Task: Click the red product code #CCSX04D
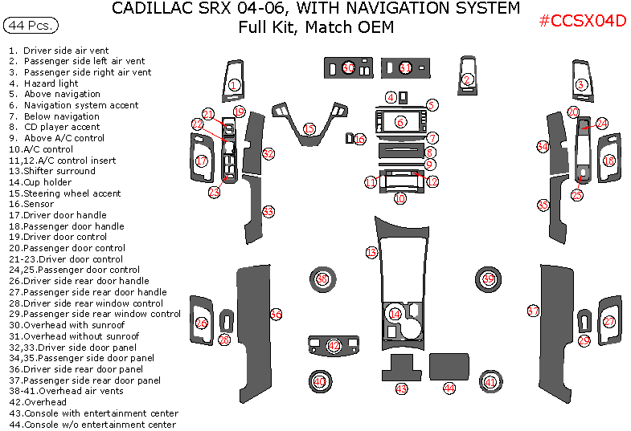pos(583,21)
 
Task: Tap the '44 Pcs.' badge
pos(31,26)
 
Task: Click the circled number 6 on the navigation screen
pos(400,122)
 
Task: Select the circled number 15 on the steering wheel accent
pos(309,128)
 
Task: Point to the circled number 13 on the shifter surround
pos(371,253)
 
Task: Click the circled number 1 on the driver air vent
pos(234,84)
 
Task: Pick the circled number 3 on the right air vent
pos(581,85)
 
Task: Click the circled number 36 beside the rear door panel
pos(276,315)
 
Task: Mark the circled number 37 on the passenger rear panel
pos(532,311)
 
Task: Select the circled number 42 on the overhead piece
pos(334,345)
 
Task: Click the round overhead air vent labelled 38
pos(322,279)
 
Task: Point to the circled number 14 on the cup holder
pos(395,314)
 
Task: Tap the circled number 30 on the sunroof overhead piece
pos(348,68)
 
